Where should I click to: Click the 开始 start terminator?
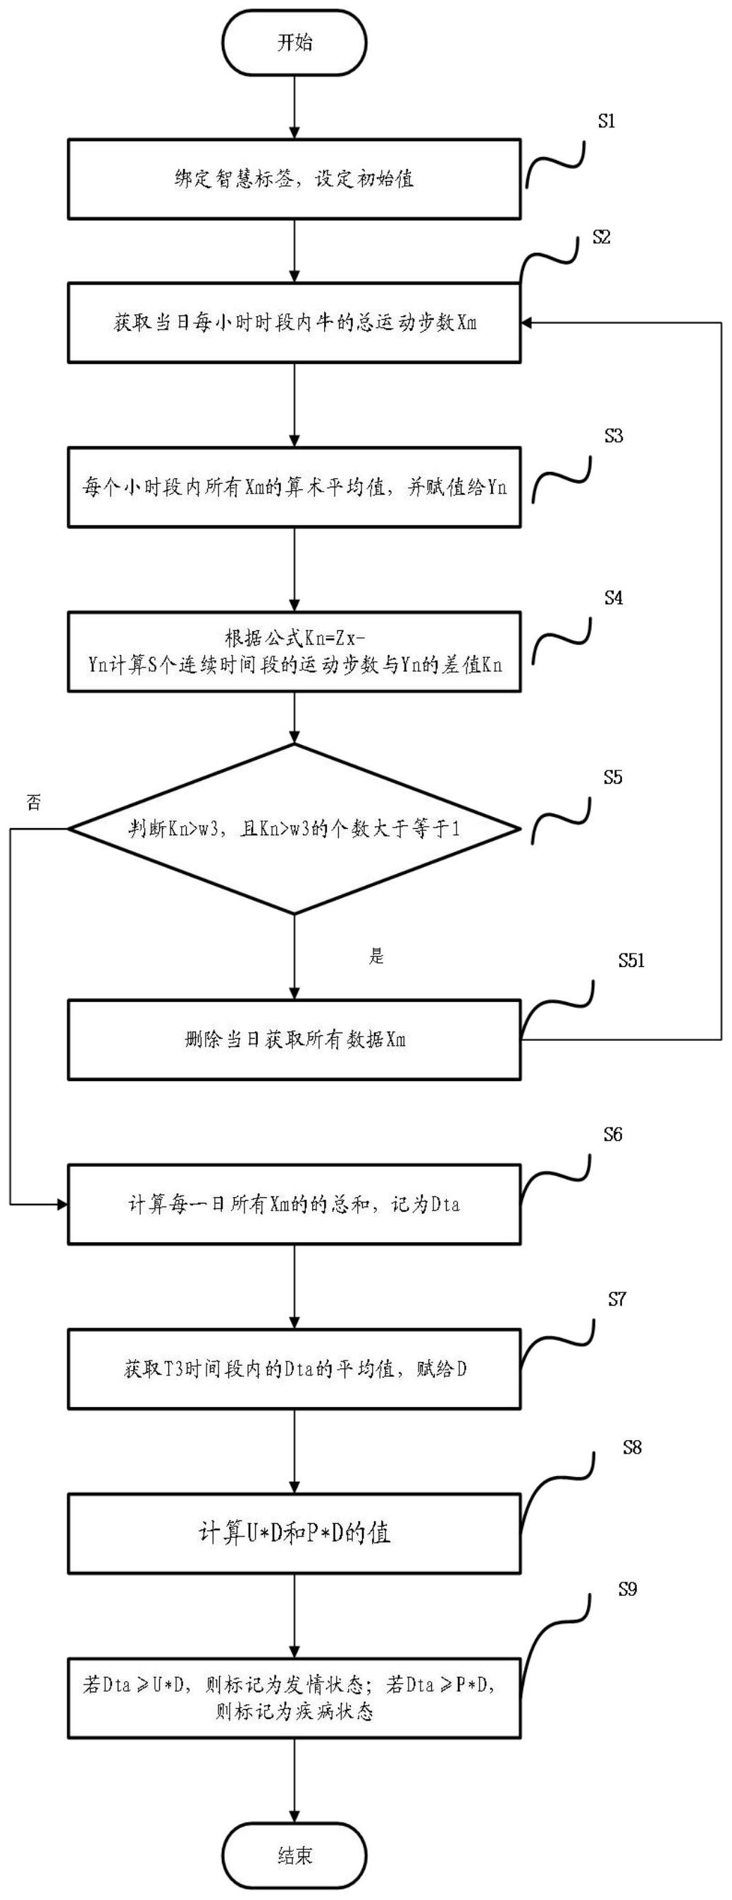click(294, 42)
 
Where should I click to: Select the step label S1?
click(607, 122)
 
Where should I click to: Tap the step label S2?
click(602, 237)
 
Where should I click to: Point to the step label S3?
click(613, 436)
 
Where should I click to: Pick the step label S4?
click(613, 597)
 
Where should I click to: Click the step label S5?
click(612, 777)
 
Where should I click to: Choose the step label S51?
click(631, 960)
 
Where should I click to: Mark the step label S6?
click(612, 1135)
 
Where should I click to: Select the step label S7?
click(617, 1299)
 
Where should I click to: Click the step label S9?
click(627, 1589)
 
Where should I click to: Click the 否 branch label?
click(33, 803)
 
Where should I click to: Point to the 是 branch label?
click(376, 956)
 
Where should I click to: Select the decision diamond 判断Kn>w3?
click(294, 829)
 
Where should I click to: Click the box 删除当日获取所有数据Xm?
click(294, 1040)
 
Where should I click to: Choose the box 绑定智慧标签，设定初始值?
click(294, 178)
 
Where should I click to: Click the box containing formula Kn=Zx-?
click(294, 651)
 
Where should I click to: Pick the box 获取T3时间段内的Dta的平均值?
click(294, 1369)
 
